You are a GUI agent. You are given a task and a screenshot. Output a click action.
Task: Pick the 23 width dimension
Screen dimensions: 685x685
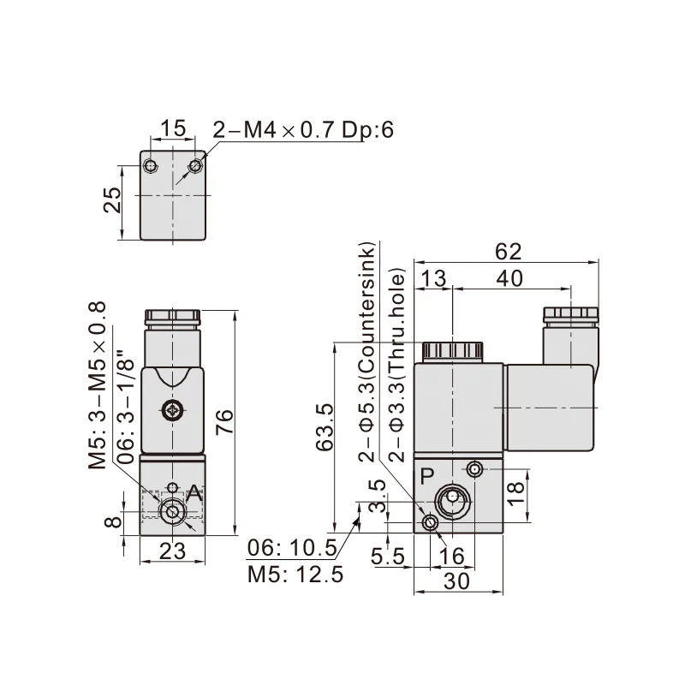[x=173, y=552]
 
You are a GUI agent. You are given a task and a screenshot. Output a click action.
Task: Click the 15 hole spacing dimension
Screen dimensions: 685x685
[x=173, y=128]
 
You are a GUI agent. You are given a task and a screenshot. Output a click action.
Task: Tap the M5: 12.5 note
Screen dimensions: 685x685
[x=295, y=574]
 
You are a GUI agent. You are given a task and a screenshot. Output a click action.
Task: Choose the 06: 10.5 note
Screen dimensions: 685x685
[x=295, y=548]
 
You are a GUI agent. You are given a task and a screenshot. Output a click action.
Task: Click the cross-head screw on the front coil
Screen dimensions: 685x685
[x=173, y=412]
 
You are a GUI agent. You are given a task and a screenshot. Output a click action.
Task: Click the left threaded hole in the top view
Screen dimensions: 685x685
[x=152, y=165]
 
